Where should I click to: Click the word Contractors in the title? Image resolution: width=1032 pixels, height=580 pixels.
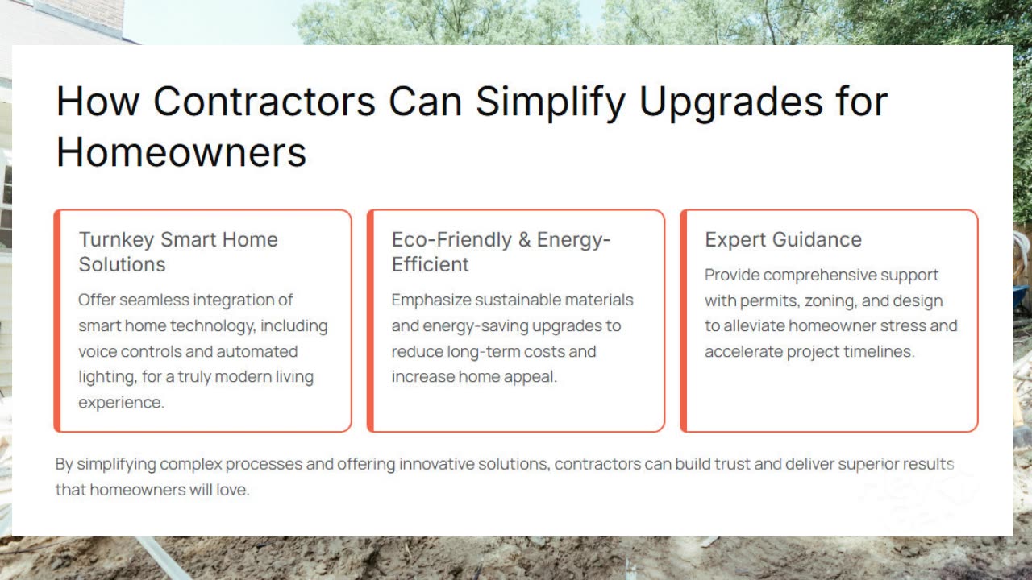tap(264, 101)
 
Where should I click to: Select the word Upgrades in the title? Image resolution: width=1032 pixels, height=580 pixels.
tap(730, 104)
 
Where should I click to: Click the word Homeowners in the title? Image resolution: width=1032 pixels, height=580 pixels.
tap(181, 152)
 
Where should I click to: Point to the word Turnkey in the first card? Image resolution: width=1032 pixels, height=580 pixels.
tap(117, 240)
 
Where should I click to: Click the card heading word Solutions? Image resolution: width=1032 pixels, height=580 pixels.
tap(122, 265)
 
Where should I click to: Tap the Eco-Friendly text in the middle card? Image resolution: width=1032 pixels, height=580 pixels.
tap(451, 240)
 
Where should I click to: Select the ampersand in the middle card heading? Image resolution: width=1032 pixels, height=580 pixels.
tap(524, 240)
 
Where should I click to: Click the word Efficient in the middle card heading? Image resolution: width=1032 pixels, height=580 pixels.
tap(431, 265)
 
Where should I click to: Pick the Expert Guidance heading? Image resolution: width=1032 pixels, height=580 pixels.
tap(783, 240)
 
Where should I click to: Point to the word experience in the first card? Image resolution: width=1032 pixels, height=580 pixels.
tap(121, 403)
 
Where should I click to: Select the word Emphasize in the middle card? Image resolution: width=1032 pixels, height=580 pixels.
tap(431, 300)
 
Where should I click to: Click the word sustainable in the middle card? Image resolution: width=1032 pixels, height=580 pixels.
tap(511, 300)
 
